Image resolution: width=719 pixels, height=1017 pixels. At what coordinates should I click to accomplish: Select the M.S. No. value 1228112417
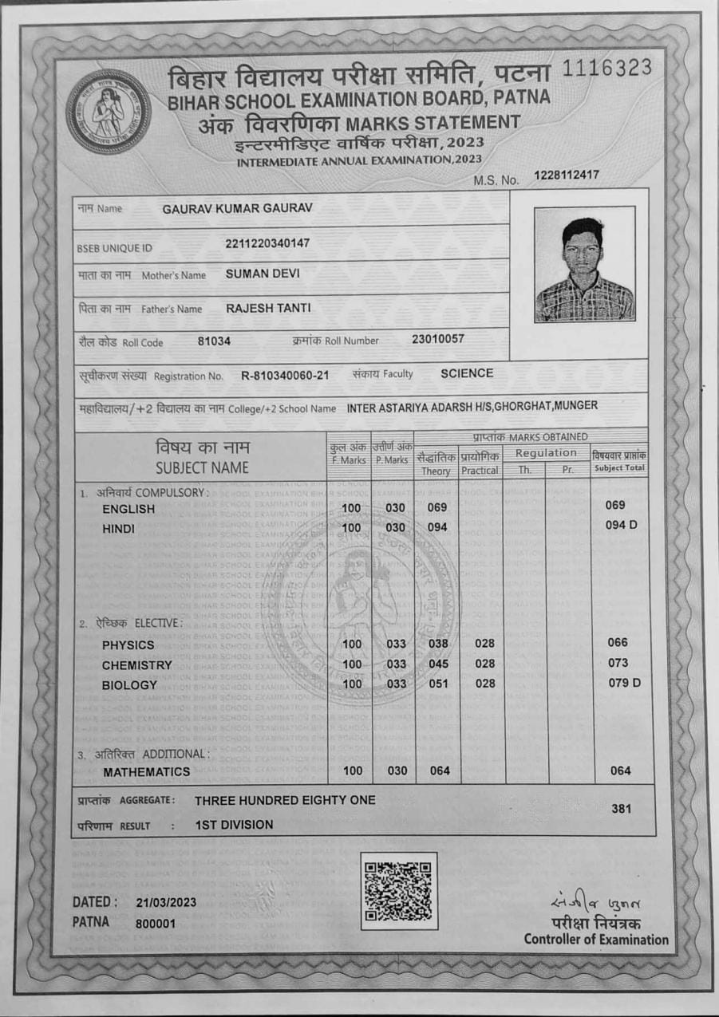pos(567,175)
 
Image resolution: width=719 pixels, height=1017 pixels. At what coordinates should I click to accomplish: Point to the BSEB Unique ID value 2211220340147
pos(267,242)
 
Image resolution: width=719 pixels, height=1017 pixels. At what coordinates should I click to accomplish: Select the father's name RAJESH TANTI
pos(267,308)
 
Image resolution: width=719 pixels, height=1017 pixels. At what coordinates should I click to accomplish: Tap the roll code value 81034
pos(214,341)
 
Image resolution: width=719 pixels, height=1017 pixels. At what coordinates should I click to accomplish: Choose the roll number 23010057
pos(438,339)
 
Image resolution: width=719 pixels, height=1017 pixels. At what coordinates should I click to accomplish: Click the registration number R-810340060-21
pos(285,376)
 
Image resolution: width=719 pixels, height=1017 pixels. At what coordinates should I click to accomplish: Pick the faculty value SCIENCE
pos(467,373)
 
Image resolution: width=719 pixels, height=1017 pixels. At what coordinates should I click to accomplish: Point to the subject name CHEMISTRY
pos(137,665)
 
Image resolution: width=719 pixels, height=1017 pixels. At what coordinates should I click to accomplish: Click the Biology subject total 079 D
pos(625,683)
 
